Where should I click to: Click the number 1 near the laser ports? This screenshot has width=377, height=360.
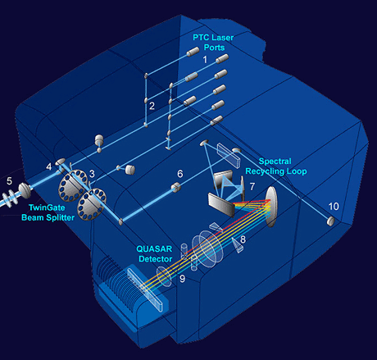click(205, 60)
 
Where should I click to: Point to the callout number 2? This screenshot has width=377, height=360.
click(152, 106)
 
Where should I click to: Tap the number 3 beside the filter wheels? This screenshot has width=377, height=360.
click(92, 174)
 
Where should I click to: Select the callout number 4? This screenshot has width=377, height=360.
click(49, 166)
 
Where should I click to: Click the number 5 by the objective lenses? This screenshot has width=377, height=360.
click(9, 180)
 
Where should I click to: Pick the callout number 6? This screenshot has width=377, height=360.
click(180, 174)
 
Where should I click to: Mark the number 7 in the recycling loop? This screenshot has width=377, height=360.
click(252, 186)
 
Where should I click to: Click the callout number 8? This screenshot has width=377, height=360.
click(243, 239)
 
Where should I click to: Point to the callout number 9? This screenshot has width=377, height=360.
click(182, 279)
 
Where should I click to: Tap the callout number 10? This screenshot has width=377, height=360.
click(334, 207)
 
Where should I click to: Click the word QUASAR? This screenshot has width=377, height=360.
click(154, 249)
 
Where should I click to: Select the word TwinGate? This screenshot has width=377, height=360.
click(47, 207)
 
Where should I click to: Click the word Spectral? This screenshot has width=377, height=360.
click(275, 162)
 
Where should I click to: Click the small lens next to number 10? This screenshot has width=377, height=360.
click(330, 221)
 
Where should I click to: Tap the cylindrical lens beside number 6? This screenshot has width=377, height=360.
click(175, 187)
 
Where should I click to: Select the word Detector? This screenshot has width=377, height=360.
click(156, 259)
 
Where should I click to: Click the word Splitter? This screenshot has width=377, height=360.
click(61, 217)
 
